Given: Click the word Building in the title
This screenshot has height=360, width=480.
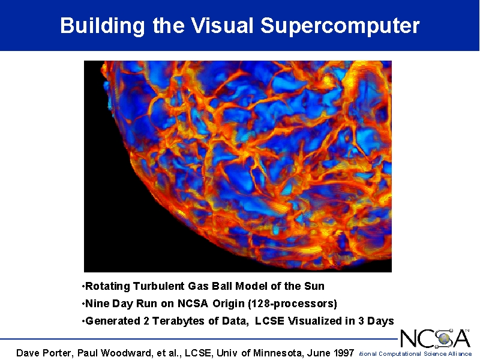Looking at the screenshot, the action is point(102,26).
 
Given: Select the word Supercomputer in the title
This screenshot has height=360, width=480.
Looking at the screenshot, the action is point(340,26).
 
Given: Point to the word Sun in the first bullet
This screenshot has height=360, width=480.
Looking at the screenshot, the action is point(314,286).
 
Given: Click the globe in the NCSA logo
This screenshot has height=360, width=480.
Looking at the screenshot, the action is point(445,339).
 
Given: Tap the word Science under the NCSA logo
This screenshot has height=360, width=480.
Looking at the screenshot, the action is point(434,354).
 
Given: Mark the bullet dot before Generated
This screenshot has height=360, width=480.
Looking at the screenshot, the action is point(83,321).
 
